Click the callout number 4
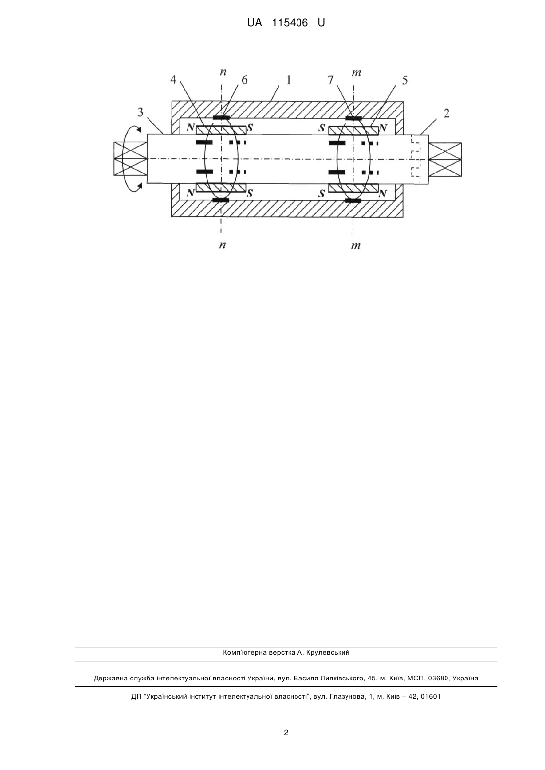pos(173,80)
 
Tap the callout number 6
pos(244,80)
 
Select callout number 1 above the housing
pos(288,80)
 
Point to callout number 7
pos(330,80)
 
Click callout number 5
pos(405,80)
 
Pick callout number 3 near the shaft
pos(140,112)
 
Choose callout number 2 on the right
pos(446,113)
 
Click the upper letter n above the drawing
pos(223,72)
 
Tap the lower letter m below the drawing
pos(356,246)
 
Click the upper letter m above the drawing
pos(356,73)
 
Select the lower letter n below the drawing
pos(222,245)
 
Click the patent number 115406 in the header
pos(290,23)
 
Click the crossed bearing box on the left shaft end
pos(130,159)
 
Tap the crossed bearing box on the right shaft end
pos(445,160)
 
